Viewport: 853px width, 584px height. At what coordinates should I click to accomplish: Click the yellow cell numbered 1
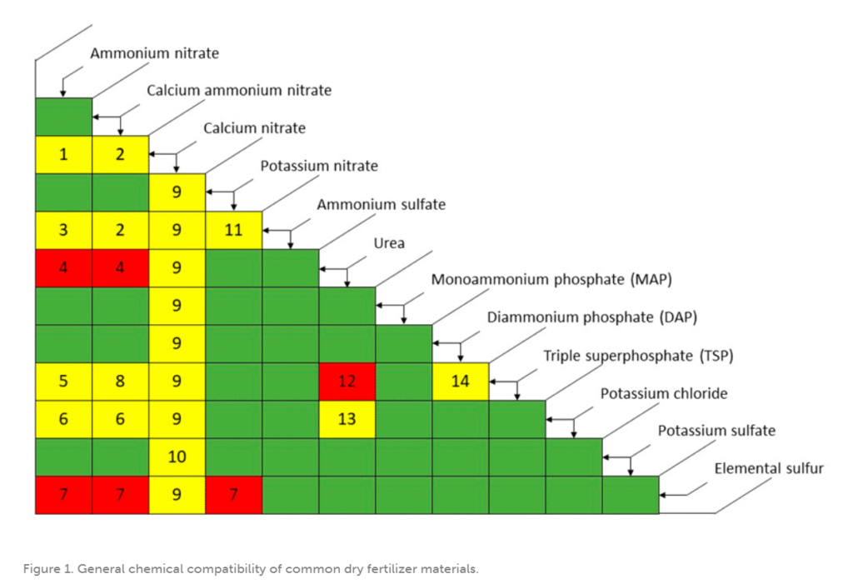click(x=63, y=154)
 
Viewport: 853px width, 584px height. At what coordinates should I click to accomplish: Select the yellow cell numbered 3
click(x=63, y=230)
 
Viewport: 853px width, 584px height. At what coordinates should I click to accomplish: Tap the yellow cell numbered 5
click(x=63, y=382)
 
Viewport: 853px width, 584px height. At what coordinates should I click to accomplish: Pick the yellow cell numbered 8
click(x=120, y=382)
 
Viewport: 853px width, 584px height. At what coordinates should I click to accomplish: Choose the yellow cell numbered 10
click(x=177, y=457)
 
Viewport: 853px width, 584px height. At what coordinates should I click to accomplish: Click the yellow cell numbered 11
click(x=233, y=230)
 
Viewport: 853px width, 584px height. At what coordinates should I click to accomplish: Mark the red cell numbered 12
click(x=347, y=382)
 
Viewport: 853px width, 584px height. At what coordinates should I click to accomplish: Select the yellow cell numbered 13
click(x=347, y=419)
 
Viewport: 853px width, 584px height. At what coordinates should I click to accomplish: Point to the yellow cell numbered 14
click(x=460, y=382)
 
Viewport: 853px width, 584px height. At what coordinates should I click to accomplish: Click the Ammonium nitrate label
click(x=154, y=53)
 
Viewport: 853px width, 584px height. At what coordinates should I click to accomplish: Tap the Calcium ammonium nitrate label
click(x=239, y=90)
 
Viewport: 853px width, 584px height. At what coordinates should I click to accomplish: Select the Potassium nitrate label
click(x=319, y=166)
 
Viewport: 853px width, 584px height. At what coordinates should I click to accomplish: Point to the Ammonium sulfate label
click(x=381, y=204)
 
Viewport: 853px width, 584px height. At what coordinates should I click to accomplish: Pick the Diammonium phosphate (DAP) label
click(x=591, y=317)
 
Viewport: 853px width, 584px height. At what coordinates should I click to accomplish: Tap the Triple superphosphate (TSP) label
click(x=638, y=356)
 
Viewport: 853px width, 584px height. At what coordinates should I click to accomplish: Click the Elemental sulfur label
click(x=768, y=468)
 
